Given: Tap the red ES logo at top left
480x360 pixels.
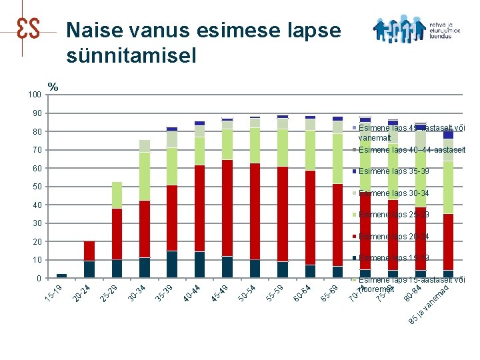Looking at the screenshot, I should pyautogui.click(x=27, y=28).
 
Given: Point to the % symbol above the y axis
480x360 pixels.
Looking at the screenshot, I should pyautogui.click(x=53, y=87).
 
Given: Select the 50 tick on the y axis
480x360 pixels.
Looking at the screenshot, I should pyautogui.click(x=36, y=187).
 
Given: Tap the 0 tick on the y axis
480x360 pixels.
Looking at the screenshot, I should pyautogui.click(x=39, y=278).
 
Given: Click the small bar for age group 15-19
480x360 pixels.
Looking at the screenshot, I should pyautogui.click(x=61, y=275).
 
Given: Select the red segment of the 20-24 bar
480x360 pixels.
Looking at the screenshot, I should pyautogui.click(x=89, y=251).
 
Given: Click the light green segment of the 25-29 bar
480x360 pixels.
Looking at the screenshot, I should pyautogui.click(x=117, y=195).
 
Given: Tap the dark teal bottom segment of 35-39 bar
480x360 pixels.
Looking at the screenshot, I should pyautogui.click(x=172, y=264).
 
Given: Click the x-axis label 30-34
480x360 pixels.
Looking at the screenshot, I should pyautogui.click(x=137, y=292).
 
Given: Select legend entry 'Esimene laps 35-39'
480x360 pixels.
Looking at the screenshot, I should pyautogui.click(x=393, y=171).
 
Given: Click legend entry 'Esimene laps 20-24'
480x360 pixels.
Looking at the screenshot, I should pyautogui.click(x=393, y=236).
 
